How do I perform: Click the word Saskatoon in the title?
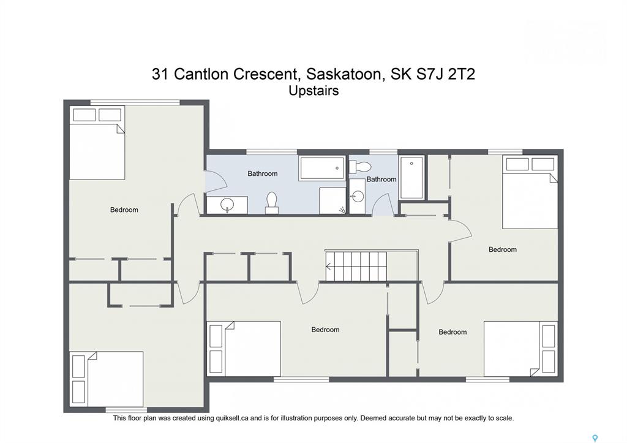tap(344, 74)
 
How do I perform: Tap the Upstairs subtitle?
tap(314, 91)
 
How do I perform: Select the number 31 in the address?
tap(160, 74)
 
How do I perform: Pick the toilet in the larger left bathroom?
tap(272, 203)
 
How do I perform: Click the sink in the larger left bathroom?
tap(227, 205)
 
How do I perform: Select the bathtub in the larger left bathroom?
tap(322, 168)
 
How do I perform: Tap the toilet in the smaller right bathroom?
tap(361, 167)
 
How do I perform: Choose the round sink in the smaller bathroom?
tap(358, 197)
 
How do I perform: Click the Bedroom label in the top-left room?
tap(124, 210)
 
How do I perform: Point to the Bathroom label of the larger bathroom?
tap(262, 173)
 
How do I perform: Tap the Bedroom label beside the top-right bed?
tap(503, 250)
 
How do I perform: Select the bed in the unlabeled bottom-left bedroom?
tap(107, 379)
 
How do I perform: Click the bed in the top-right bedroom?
tap(530, 192)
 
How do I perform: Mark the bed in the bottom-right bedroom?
tap(520, 349)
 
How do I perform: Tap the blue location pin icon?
tap(595, 438)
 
